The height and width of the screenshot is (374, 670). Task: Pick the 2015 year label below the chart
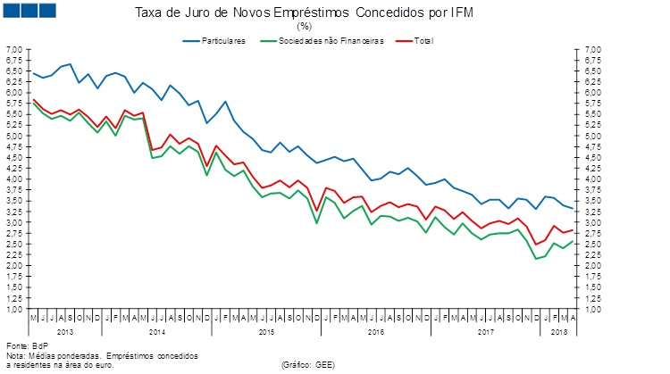pyautogui.click(x=267, y=331)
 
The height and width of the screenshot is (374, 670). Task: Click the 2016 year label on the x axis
pyautogui.click(x=375, y=331)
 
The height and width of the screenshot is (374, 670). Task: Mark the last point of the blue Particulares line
pyautogui.click(x=573, y=208)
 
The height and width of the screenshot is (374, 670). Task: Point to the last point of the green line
pyautogui.click(x=573, y=241)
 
